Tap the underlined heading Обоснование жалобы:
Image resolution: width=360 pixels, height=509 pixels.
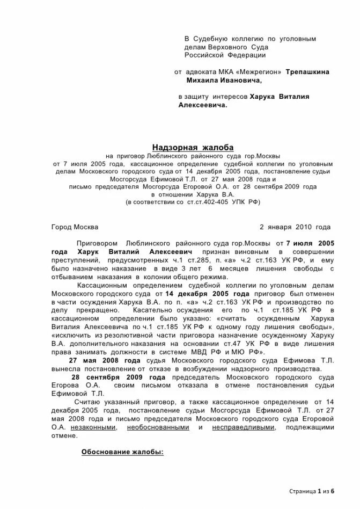point(122,452)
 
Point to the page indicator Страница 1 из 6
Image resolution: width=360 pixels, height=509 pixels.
point(312,491)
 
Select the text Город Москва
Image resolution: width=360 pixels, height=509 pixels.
point(75,227)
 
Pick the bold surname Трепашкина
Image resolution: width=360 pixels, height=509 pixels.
point(307,71)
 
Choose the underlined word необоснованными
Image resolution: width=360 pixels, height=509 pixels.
point(158,427)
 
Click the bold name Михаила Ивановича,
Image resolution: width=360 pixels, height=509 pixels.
point(224,80)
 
